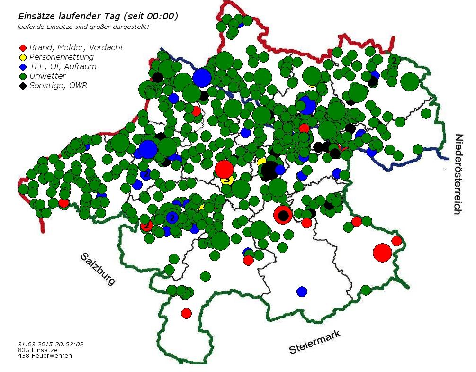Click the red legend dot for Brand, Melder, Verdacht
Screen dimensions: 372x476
(x=22, y=47)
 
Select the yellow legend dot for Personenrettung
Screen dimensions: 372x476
(x=22, y=57)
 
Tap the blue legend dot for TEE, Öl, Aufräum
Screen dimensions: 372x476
(x=22, y=67)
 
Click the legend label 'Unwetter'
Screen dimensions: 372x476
(x=47, y=76)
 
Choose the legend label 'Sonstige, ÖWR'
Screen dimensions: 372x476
(x=58, y=85)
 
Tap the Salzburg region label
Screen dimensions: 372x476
(x=98, y=268)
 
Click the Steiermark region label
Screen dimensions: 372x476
(x=315, y=343)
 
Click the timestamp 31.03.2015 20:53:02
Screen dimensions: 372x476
(x=51, y=344)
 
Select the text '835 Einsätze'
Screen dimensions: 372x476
(x=38, y=350)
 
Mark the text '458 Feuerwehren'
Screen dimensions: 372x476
(x=45, y=355)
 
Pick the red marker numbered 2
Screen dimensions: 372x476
(x=147, y=226)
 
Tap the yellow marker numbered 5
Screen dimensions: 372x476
(x=227, y=180)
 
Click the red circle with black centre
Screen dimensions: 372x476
(x=283, y=215)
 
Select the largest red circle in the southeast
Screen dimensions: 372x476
(x=382, y=252)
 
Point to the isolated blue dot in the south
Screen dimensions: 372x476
(x=302, y=291)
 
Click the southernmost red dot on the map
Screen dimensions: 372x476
(x=186, y=313)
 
